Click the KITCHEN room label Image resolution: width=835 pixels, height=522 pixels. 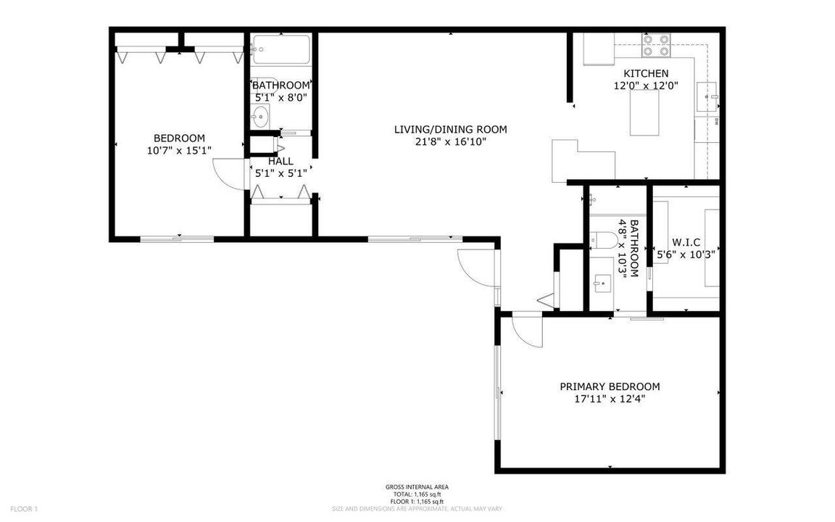[646, 73]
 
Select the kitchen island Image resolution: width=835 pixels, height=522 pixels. [644, 113]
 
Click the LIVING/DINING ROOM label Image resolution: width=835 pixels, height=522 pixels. [450, 130]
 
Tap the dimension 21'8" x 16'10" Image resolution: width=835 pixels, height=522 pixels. [450, 142]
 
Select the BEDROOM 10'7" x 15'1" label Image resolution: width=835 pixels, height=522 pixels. [179, 138]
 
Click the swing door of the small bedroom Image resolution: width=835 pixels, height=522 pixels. [228, 174]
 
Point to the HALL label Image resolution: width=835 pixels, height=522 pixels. [281, 161]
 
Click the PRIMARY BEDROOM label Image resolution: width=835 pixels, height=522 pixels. [610, 386]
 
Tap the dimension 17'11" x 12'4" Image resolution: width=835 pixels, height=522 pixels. [610, 399]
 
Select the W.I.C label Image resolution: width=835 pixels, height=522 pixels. [686, 242]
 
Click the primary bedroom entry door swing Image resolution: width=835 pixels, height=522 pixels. [525, 332]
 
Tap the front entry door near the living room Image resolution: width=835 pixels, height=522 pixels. [475, 265]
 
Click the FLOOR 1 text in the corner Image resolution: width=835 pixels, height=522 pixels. [24, 509]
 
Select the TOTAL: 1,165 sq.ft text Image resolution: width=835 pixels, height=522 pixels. [417, 494]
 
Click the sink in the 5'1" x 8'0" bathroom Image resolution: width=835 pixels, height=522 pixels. [260, 115]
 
